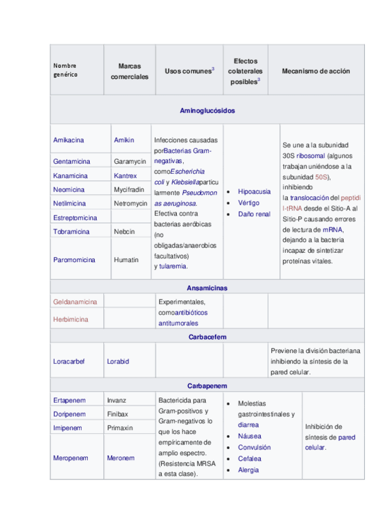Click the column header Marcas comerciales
pyautogui.click(x=130, y=71)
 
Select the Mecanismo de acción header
pyautogui.click(x=316, y=71)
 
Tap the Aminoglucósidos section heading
pyautogui.click(x=207, y=110)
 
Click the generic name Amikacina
pyautogui.click(x=68, y=140)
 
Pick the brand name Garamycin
pyautogui.click(x=130, y=161)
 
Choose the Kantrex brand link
pyautogui.click(x=125, y=176)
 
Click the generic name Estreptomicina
pyautogui.click(x=75, y=218)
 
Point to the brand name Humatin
pyautogui.click(x=126, y=260)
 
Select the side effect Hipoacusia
pyautogui.click(x=254, y=192)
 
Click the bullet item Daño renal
pyautogui.click(x=254, y=214)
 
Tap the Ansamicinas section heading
pyautogui.click(x=207, y=288)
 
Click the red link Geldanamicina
pyautogui.click(x=75, y=302)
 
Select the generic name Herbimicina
pyautogui.click(x=71, y=319)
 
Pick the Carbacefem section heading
pyautogui.click(x=207, y=336)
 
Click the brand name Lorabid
pyautogui.click(x=119, y=361)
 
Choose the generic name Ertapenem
pyautogui.click(x=70, y=400)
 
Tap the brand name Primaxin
pyautogui.click(x=120, y=428)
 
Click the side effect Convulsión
pyautogui.click(x=254, y=447)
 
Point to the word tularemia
pyautogui.click(x=173, y=266)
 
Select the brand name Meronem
pyautogui.click(x=121, y=458)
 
